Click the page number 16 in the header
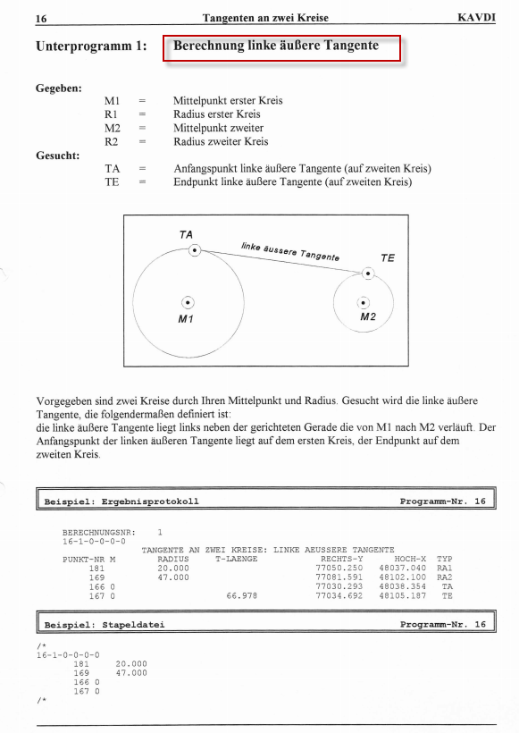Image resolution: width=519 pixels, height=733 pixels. click(x=41, y=19)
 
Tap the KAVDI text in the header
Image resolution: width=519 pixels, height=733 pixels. click(x=476, y=18)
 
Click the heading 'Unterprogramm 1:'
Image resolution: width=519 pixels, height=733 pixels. click(x=91, y=46)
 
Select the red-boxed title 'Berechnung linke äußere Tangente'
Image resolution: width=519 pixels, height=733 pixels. click(x=276, y=46)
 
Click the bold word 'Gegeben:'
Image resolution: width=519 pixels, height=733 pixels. click(x=59, y=88)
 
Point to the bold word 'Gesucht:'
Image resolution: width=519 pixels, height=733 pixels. click(x=58, y=156)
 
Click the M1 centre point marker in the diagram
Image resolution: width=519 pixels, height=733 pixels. click(x=188, y=302)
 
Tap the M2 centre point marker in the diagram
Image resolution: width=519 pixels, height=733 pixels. click(x=364, y=302)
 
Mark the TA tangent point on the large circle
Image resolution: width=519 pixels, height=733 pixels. click(x=195, y=250)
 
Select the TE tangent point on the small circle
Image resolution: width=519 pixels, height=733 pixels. click(x=368, y=274)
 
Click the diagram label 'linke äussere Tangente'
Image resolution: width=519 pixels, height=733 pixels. click(x=290, y=251)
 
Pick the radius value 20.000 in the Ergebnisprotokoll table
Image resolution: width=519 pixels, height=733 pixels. click(x=173, y=569)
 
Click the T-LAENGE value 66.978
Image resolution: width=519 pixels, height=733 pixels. click(x=241, y=596)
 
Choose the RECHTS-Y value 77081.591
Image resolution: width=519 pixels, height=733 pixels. click(x=339, y=577)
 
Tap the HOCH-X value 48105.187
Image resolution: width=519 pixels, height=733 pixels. click(x=403, y=596)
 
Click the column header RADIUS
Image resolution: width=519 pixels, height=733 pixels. click(x=173, y=559)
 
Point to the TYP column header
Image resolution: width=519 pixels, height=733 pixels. click(x=445, y=559)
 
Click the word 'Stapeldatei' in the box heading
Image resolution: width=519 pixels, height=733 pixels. click(x=133, y=625)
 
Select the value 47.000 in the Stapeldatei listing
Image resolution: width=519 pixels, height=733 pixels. click(x=131, y=673)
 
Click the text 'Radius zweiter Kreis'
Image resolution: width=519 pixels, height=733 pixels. click(x=221, y=141)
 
